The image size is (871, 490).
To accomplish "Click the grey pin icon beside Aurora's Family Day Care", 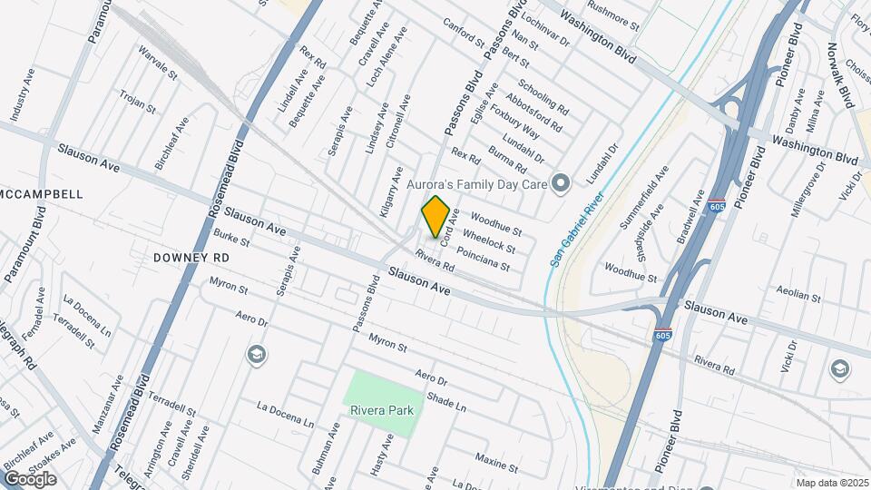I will click(x=561, y=185).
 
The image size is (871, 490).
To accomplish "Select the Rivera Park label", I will click(x=382, y=410).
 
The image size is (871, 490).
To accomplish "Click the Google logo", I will click(x=30, y=478).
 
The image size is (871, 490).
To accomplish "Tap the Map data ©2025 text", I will click(x=832, y=483).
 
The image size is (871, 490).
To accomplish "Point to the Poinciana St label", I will click(x=484, y=260).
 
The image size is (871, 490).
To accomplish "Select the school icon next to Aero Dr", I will click(x=257, y=354).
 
